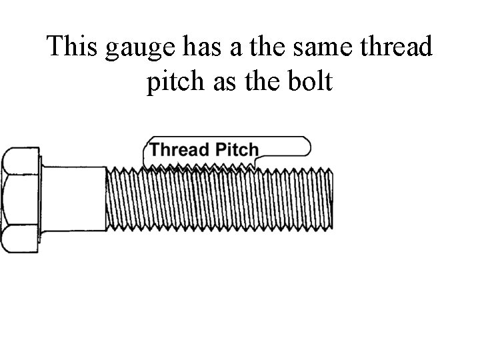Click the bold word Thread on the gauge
click(178, 149)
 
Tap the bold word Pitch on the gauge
click(235, 149)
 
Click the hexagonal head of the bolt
click(21, 200)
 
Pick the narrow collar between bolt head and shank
click(43, 199)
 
